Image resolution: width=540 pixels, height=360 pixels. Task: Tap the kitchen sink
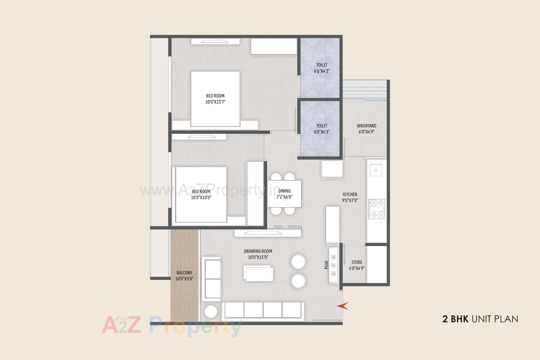point(376,170)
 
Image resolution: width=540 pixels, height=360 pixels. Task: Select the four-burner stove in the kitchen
point(377,209)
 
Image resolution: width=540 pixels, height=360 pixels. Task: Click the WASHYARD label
point(366,126)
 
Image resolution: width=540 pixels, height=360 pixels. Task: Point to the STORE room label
point(357,262)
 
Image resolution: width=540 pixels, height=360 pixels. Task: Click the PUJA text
point(326,265)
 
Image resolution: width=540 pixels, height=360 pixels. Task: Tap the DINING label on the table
point(284,191)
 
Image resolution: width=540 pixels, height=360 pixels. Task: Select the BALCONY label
point(184,273)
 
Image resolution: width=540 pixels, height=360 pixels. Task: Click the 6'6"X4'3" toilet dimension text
point(322,71)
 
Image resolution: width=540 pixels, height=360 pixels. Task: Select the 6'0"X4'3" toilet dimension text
point(322,132)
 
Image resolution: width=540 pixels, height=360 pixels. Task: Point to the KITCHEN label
point(350,194)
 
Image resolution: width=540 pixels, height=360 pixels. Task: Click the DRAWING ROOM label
point(258,251)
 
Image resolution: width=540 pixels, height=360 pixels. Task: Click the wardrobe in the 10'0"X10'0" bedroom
point(255,193)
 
